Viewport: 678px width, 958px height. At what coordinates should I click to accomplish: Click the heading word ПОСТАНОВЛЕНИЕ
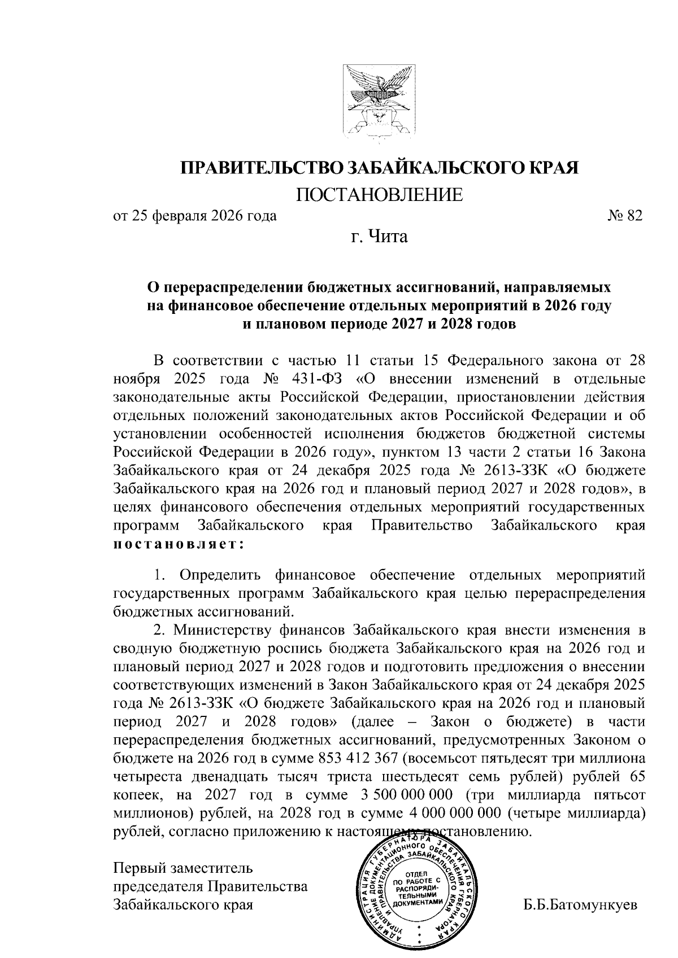[x=380, y=195]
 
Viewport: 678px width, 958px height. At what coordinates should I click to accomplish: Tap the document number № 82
[x=625, y=216]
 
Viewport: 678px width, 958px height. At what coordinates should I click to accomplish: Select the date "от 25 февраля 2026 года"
[x=195, y=216]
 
